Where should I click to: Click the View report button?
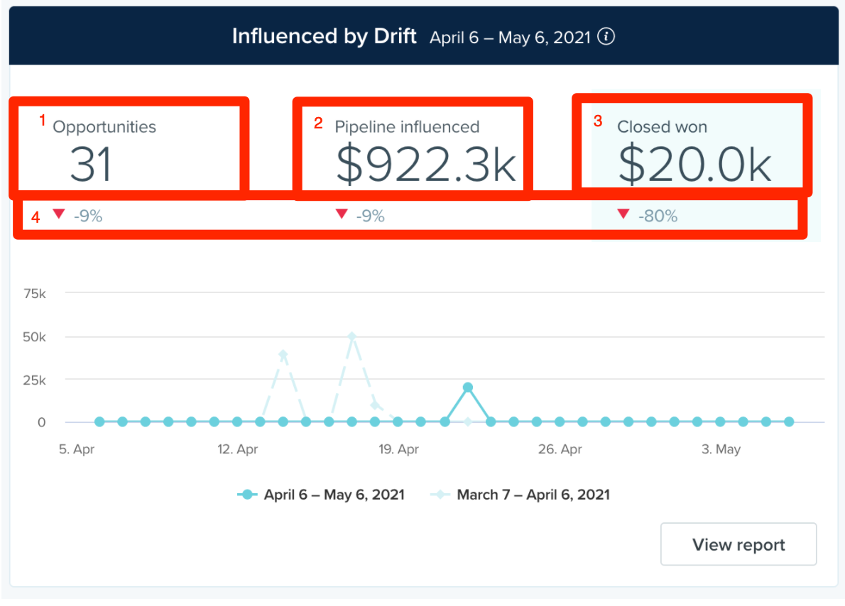coord(738,544)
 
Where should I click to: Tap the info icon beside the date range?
coord(606,37)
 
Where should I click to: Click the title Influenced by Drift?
coord(325,36)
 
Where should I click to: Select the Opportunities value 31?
coord(91,164)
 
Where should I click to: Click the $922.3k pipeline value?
coord(426,164)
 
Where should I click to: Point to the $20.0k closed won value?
coord(695,164)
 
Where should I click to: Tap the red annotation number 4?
coord(36,217)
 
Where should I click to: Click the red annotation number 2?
coord(318,123)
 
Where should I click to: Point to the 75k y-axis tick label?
coord(35,294)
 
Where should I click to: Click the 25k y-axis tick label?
coord(35,380)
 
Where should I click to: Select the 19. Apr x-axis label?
coord(399,448)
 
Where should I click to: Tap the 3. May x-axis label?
coord(721,448)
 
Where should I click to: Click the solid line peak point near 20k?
coord(468,387)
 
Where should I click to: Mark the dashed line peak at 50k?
coord(352,336)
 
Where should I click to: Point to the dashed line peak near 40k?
coord(283,354)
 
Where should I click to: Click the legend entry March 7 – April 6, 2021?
coord(520,495)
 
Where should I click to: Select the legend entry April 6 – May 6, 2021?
coord(321,495)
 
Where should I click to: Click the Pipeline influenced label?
coord(407,126)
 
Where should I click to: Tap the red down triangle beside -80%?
coord(623,214)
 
